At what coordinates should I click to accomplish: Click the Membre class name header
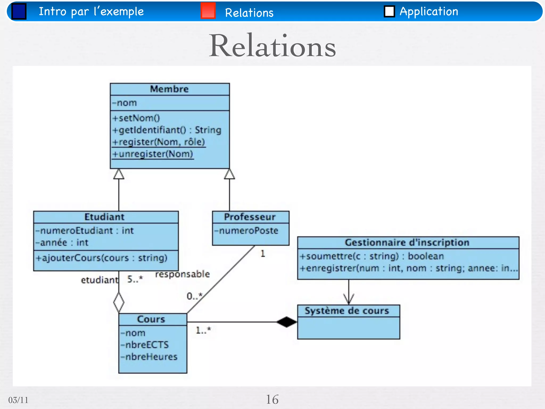click(x=170, y=89)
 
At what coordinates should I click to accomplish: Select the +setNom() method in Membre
click(x=136, y=118)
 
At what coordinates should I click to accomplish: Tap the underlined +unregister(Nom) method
click(x=153, y=154)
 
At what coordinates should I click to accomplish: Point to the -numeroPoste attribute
click(x=246, y=230)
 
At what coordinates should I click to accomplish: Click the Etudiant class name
click(x=104, y=217)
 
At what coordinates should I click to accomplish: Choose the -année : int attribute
click(x=62, y=243)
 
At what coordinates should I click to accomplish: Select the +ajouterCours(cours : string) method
click(x=101, y=258)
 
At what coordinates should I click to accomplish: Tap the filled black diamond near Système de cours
click(x=286, y=322)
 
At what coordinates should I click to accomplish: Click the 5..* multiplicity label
click(x=135, y=279)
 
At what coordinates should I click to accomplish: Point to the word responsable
click(x=182, y=274)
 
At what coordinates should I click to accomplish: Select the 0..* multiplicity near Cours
click(x=194, y=296)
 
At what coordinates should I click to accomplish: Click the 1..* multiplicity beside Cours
click(x=203, y=330)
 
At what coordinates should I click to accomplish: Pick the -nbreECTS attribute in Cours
click(x=145, y=345)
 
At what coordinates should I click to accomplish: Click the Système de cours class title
click(x=347, y=311)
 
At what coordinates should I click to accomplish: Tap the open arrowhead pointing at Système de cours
click(x=349, y=299)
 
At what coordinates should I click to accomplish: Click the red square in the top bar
click(x=208, y=11)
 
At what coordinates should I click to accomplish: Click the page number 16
click(x=272, y=399)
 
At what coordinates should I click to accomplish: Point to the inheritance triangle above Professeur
click(x=229, y=174)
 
